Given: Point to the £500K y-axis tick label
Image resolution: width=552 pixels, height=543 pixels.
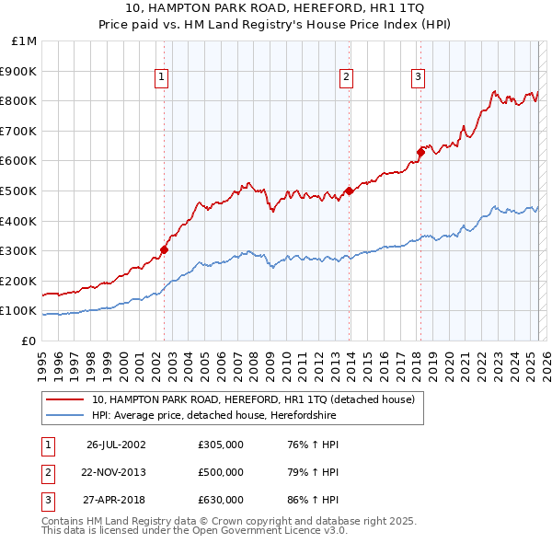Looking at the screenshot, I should (x=19, y=191).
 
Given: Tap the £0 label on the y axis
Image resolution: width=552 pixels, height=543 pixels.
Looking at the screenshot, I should (x=29, y=341).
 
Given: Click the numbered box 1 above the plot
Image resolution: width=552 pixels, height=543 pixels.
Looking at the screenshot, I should (x=161, y=77).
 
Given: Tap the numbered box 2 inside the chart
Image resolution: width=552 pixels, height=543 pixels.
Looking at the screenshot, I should (x=347, y=77).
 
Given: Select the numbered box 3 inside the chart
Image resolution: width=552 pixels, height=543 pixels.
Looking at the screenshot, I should (x=418, y=77).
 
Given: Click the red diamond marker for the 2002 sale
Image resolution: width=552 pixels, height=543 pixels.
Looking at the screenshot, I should (x=165, y=249).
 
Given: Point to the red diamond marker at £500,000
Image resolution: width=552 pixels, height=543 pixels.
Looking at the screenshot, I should (x=350, y=191).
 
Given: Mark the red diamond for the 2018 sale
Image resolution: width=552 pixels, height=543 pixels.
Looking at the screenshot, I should (x=420, y=152).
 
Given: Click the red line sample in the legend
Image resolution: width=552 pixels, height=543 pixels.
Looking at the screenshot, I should (x=66, y=400).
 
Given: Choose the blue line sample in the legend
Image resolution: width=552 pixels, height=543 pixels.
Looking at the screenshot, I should (x=66, y=416).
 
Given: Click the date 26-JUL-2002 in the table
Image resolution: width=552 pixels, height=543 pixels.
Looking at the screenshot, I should (x=116, y=445).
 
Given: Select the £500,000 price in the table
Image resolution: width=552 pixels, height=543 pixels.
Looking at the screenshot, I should (x=221, y=472).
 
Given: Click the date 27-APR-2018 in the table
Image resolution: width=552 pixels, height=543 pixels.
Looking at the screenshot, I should (x=116, y=500).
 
